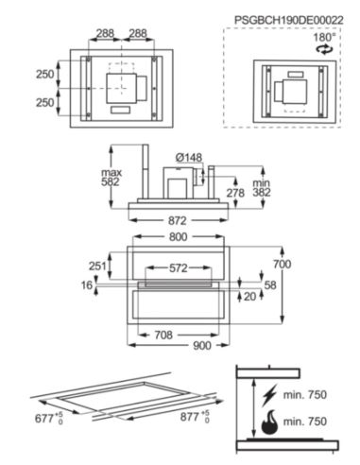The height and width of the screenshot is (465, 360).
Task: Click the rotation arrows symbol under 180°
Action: click(324, 48)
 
